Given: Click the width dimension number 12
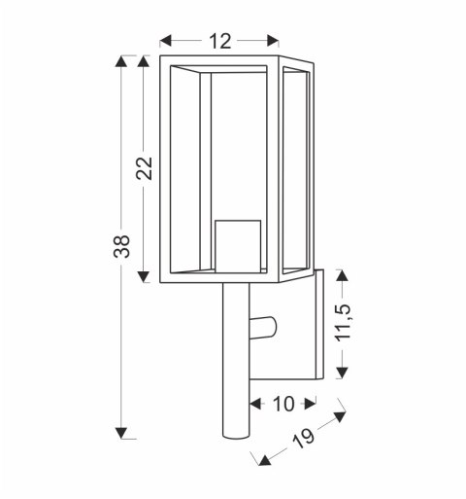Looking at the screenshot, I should [x=220, y=41].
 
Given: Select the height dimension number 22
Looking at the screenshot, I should [x=145, y=168].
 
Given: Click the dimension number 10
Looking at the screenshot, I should [x=283, y=402].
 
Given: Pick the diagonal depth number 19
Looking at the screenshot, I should [x=301, y=440].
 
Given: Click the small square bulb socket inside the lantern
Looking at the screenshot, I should [x=237, y=244].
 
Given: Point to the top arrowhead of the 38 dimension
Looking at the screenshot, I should [x=120, y=63].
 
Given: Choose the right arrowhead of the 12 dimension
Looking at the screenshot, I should [x=276, y=41].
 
